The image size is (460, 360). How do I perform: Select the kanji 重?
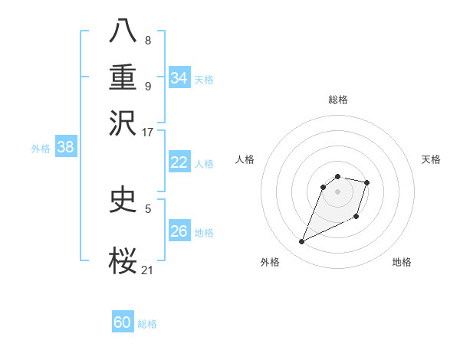tap(123, 78)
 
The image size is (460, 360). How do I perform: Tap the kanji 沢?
tap(123, 123)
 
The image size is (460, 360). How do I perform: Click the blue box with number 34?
tap(179, 77)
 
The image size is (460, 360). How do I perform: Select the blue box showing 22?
tap(179, 162)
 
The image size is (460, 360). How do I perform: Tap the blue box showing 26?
tap(179, 231)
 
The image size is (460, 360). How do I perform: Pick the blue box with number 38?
tap(65, 148)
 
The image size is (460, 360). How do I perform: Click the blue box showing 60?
tap(123, 322)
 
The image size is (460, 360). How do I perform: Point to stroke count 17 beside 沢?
tap(148, 132)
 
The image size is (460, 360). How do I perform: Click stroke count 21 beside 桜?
tap(148, 270)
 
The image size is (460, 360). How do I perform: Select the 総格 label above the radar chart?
tap(337, 100)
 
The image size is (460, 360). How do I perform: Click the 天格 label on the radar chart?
tap(431, 159)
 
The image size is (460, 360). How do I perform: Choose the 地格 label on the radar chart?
tap(402, 263)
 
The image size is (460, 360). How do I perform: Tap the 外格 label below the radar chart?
tap(270, 263)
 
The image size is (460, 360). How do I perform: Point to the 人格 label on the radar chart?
tap(245, 159)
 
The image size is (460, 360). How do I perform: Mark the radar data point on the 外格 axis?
tap(301, 242)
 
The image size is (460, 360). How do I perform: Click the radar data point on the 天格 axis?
tap(367, 182)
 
